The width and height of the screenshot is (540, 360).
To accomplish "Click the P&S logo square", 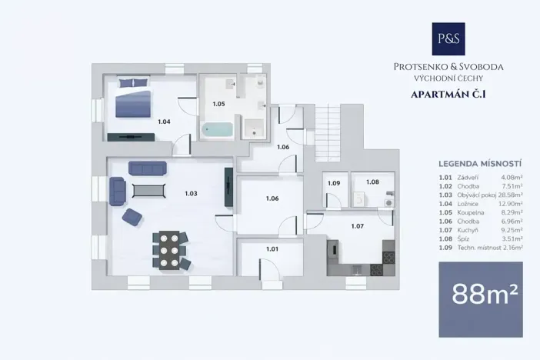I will click(x=448, y=38).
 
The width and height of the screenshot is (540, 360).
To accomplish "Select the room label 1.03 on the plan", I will click(x=192, y=193).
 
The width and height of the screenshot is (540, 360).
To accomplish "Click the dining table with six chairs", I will click(x=170, y=249).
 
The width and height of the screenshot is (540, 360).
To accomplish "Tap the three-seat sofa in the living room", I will click(x=147, y=168).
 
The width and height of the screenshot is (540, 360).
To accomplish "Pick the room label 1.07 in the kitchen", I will click(x=357, y=226).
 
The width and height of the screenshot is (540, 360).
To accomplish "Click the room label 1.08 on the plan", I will click(x=372, y=182).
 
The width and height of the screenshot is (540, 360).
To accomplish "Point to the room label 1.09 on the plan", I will click(x=334, y=183).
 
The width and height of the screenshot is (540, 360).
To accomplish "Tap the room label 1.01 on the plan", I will click(x=272, y=248).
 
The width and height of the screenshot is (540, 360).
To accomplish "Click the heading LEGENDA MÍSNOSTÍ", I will click(x=480, y=164).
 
